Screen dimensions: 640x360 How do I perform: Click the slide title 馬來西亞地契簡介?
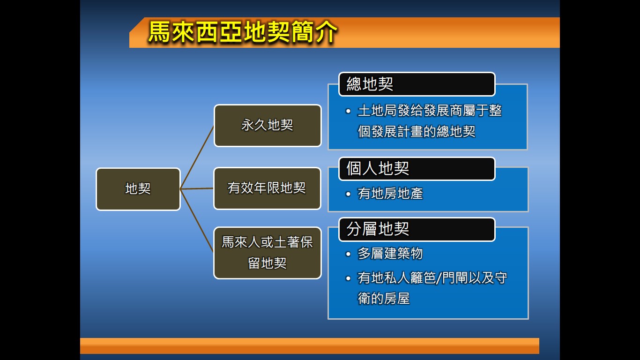[243, 32]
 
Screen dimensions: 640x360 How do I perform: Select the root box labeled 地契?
[138, 189]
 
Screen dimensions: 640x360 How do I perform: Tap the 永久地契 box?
[268, 126]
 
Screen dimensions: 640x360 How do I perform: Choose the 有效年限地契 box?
[267, 188]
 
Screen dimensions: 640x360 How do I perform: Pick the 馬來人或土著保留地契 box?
[268, 253]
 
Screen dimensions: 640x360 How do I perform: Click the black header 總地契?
[417, 84]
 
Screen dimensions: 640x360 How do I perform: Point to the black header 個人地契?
[417, 169]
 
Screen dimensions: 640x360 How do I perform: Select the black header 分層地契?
[417, 229]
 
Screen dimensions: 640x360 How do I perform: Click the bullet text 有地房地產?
[390, 194]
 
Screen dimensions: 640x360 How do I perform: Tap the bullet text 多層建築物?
[390, 254]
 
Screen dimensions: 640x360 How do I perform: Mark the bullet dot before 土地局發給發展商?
[348, 111]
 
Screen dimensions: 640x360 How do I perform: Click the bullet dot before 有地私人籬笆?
[348, 278]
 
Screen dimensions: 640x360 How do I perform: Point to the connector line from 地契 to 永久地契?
[197, 157]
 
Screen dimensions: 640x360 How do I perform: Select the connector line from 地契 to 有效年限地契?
[197, 189]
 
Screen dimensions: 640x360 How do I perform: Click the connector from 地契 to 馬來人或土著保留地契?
[197, 220]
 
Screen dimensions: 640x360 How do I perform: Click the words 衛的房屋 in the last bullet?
[384, 299]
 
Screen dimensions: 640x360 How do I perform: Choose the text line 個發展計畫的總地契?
[417, 132]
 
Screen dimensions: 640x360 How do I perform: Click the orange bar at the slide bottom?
[309, 345]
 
